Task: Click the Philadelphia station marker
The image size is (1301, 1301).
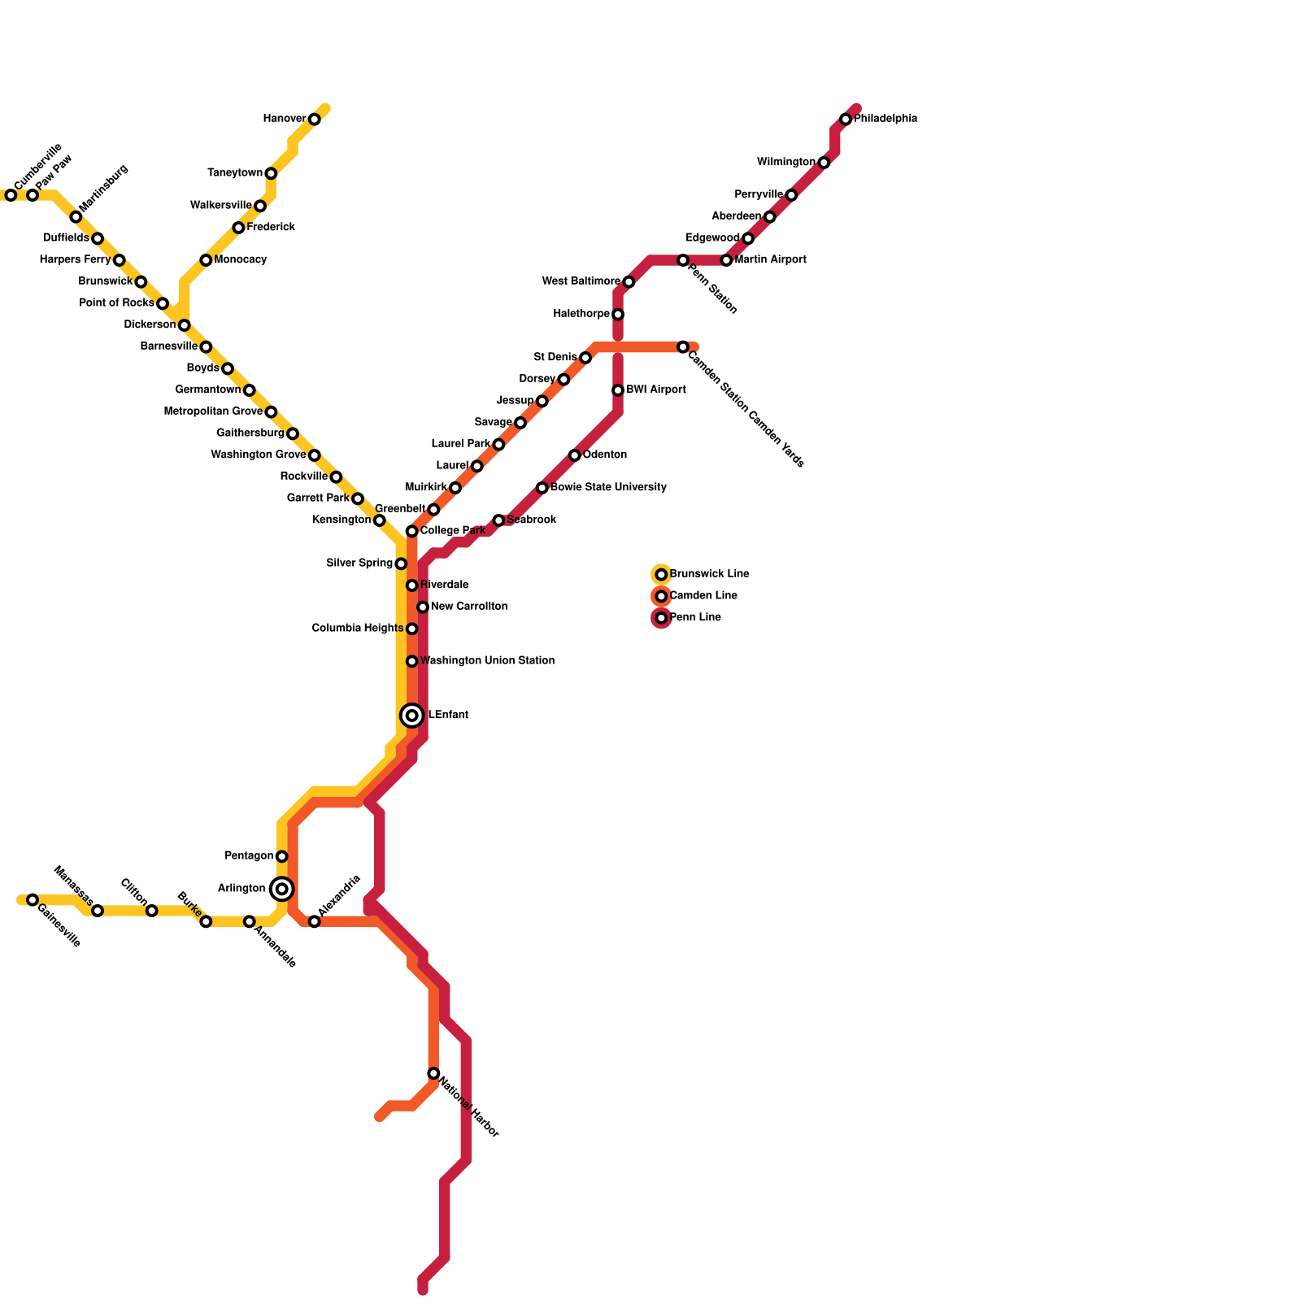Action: click(x=846, y=120)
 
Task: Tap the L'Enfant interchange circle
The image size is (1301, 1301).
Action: click(x=412, y=716)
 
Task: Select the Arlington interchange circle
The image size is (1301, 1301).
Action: click(x=281, y=889)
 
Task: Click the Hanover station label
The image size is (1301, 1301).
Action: click(x=284, y=119)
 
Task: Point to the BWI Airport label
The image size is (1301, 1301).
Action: click(x=655, y=390)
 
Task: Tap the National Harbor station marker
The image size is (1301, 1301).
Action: click(x=433, y=1073)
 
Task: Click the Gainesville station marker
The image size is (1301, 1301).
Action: click(x=33, y=900)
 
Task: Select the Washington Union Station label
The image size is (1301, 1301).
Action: click(x=487, y=661)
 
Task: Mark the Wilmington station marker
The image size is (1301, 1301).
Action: click(x=824, y=163)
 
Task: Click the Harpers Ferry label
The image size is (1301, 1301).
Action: click(x=75, y=260)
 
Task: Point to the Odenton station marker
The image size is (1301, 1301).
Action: click(x=574, y=455)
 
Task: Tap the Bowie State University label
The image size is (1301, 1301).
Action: click(x=607, y=488)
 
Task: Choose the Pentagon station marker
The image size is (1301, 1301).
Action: click(x=281, y=856)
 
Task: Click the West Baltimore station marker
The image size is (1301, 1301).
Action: click(x=629, y=282)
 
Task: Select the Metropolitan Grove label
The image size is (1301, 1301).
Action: click(x=213, y=412)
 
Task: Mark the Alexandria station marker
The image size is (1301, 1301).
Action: click(x=314, y=921)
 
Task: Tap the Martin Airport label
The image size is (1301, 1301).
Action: click(x=770, y=260)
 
